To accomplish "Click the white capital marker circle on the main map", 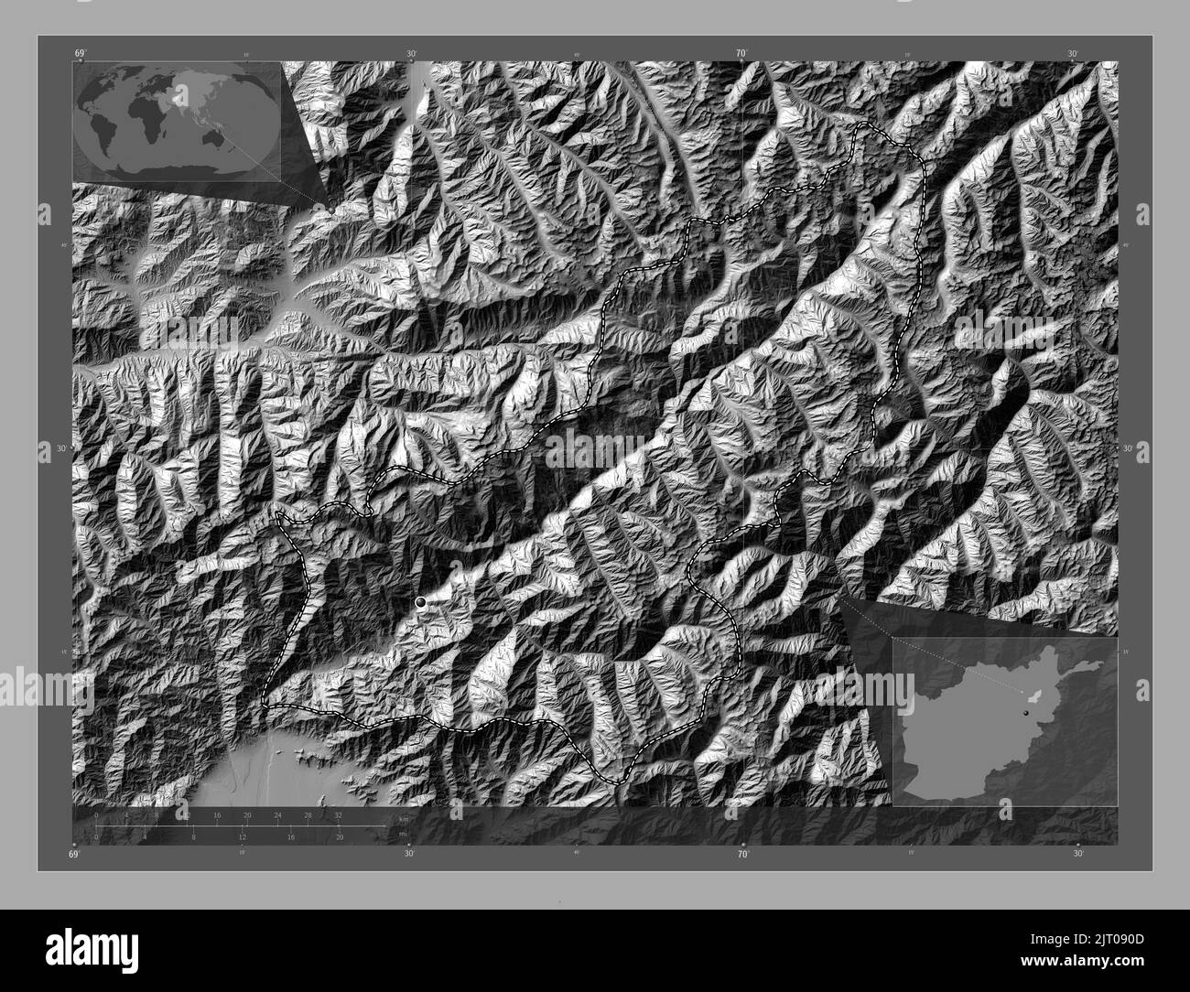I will click(420, 601).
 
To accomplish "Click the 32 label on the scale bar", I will click(339, 814).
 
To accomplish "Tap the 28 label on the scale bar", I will click(308, 814).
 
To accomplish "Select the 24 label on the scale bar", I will click(278, 814).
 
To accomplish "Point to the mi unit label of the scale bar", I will click(402, 834).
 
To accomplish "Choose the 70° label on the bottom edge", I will click(743, 854).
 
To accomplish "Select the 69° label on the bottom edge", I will click(74, 854).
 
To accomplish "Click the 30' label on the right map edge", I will click(1128, 448).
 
